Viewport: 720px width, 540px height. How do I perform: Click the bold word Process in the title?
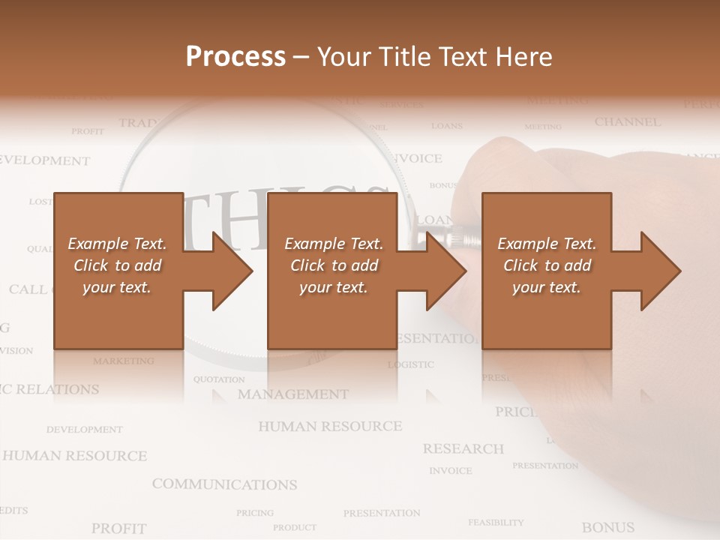tap(235, 57)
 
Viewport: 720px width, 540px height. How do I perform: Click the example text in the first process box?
tap(117, 265)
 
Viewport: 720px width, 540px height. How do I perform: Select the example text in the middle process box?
tap(334, 265)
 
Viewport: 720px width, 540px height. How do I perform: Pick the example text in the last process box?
tap(547, 265)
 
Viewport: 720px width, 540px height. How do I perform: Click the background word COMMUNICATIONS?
tap(224, 484)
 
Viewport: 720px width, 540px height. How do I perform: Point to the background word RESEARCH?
tap(463, 449)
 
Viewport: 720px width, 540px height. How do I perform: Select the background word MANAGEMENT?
tap(293, 394)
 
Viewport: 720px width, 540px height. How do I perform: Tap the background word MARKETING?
tap(124, 361)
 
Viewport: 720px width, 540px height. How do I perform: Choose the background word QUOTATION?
tap(219, 379)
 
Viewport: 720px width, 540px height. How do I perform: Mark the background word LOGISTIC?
tap(410, 364)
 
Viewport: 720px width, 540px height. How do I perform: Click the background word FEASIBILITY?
tap(496, 522)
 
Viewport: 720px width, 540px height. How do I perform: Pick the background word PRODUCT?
tap(294, 527)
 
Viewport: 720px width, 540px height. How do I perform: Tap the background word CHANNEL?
tap(628, 122)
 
